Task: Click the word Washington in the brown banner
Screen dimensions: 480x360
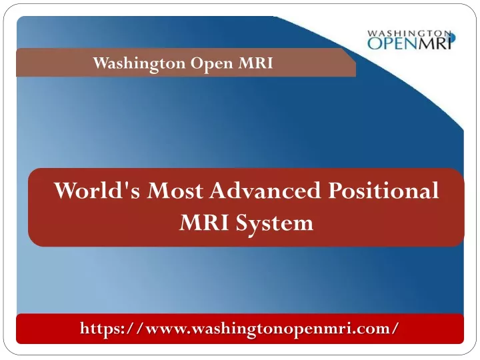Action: click(x=139, y=64)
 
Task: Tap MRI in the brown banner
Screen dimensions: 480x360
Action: click(x=255, y=63)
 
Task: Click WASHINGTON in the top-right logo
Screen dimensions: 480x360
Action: click(x=409, y=33)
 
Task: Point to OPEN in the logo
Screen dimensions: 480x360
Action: click(x=393, y=43)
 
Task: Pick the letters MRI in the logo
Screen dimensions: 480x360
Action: click(x=435, y=43)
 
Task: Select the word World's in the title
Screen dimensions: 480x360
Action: click(x=97, y=191)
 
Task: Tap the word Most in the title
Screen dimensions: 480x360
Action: click(x=175, y=191)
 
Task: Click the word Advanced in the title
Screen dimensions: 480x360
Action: click(x=265, y=190)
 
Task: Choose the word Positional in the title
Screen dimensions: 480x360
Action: click(x=383, y=190)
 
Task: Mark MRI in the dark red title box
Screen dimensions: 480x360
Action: click(x=203, y=223)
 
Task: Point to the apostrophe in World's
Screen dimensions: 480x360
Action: click(x=127, y=186)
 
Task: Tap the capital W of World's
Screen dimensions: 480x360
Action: click(x=68, y=191)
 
